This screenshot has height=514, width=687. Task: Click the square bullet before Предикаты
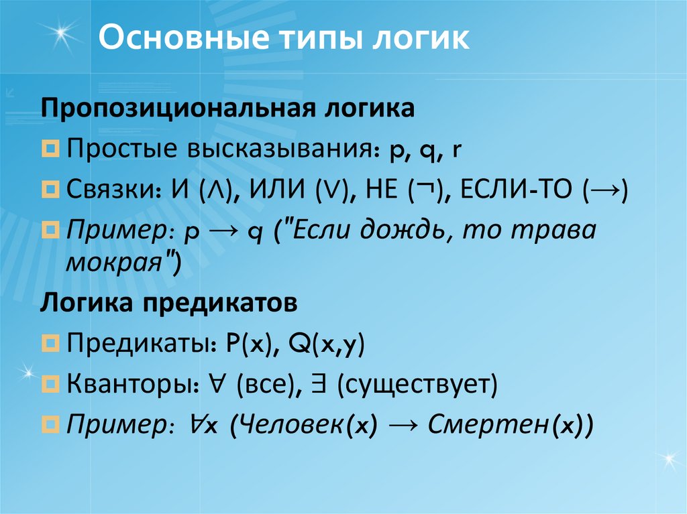coord(52,344)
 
